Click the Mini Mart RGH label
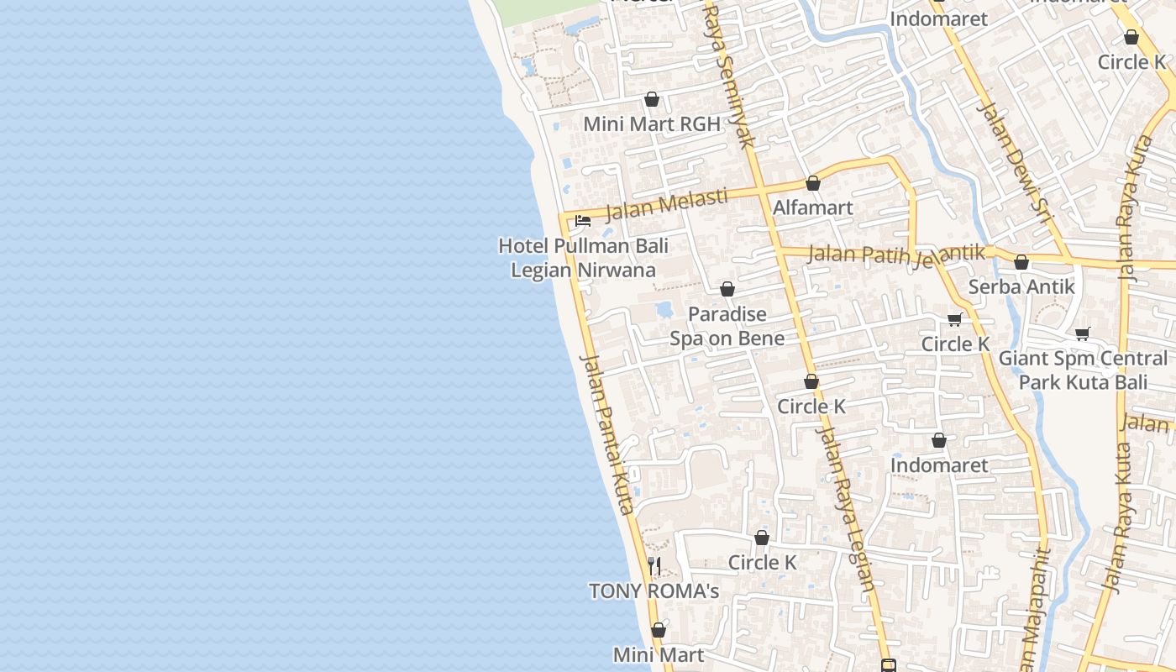click(652, 124)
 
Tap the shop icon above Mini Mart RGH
click(652, 99)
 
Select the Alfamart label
click(812, 207)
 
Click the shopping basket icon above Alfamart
click(813, 183)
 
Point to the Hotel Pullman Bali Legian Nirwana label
click(583, 258)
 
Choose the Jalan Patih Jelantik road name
click(895, 254)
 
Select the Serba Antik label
click(1021, 286)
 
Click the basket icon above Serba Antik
click(1021, 262)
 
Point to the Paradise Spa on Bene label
click(727, 326)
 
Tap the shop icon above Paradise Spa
click(727, 289)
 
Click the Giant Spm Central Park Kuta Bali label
click(1083, 370)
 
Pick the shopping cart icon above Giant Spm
click(1083, 333)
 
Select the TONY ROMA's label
click(654, 591)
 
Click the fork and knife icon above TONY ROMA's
click(654, 565)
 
